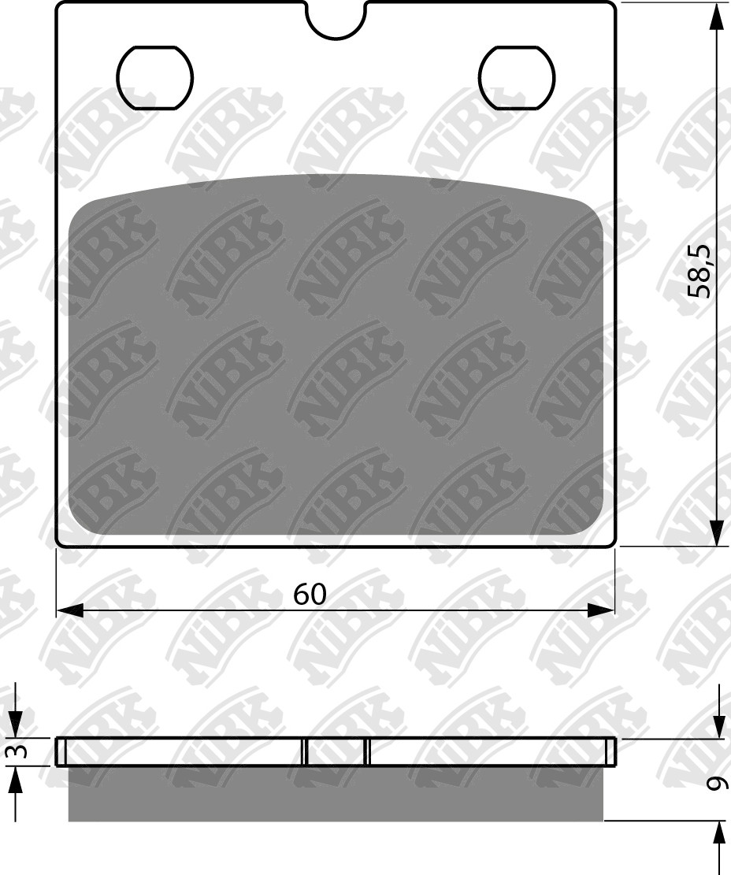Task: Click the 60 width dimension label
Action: click(x=310, y=595)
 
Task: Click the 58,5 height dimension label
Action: click(x=699, y=271)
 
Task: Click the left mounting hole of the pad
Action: click(x=155, y=77)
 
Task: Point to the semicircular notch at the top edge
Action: click(x=335, y=21)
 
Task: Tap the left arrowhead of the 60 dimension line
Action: click(x=70, y=610)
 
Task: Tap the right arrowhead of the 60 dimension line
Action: click(x=600, y=610)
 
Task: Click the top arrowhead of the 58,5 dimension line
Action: click(x=717, y=17)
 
